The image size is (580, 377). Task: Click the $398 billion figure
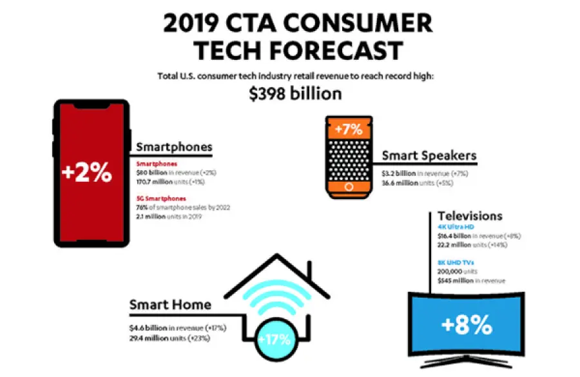point(295,93)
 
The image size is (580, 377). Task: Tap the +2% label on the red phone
point(86,173)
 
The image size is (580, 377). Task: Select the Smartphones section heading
point(174,146)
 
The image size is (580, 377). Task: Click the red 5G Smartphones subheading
point(162,198)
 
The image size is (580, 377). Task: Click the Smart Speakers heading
point(429,155)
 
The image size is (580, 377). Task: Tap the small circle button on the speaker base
point(350,187)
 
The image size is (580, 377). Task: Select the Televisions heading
point(470,215)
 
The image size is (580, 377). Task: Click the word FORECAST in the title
point(336,50)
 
